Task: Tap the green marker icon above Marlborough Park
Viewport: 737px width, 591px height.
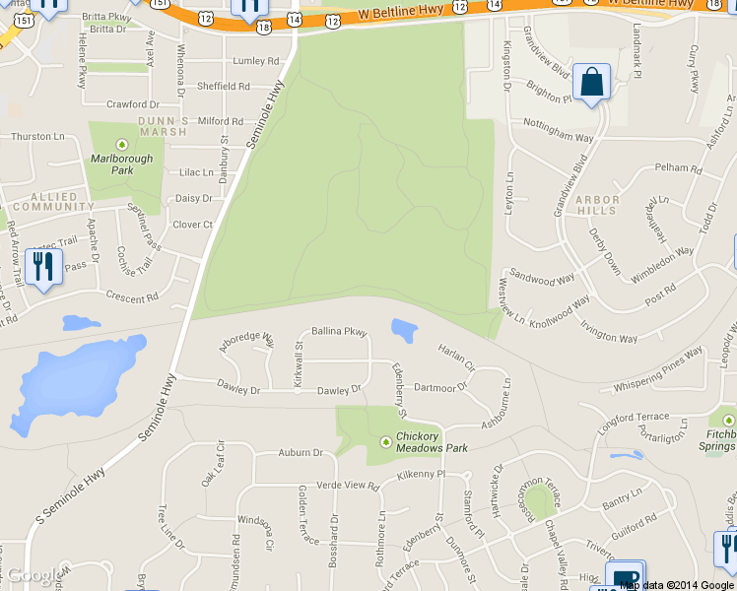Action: point(122,144)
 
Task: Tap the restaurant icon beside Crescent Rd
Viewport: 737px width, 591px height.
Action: point(42,268)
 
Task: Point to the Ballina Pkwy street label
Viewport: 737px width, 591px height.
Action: point(339,332)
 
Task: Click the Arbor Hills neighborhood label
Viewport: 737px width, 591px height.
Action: point(598,205)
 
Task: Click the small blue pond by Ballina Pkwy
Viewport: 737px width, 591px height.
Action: point(404,330)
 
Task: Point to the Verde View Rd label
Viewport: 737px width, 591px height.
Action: point(347,486)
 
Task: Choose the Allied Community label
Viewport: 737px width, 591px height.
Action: point(46,203)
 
